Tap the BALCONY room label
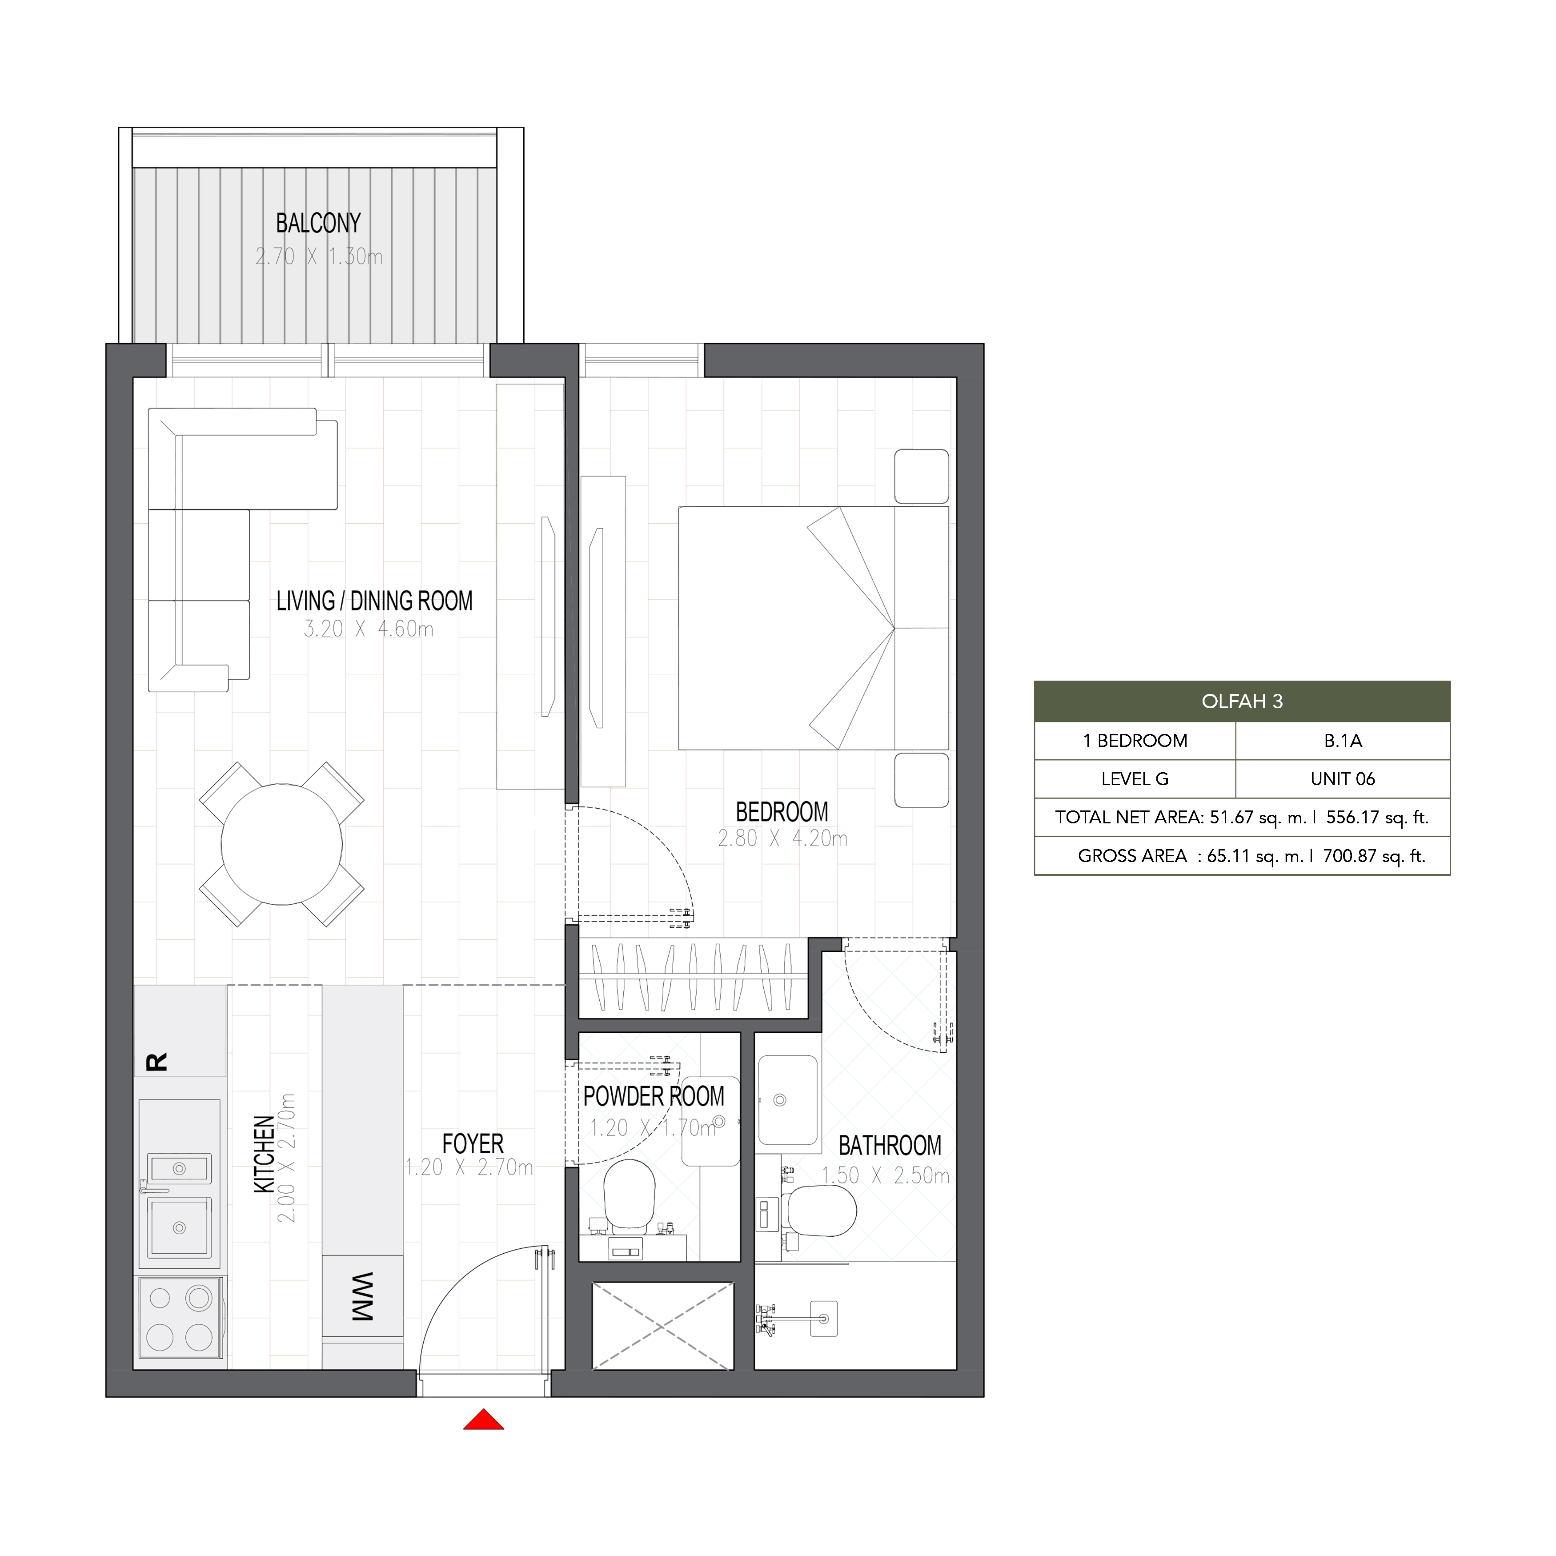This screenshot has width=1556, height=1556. click(x=318, y=223)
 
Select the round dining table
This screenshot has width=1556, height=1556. click(x=282, y=844)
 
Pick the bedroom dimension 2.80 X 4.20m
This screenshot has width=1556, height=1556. click(x=782, y=838)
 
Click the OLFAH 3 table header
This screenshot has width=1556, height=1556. click(x=1242, y=702)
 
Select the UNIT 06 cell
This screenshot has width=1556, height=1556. click(x=1343, y=779)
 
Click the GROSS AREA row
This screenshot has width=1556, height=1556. click(x=1242, y=856)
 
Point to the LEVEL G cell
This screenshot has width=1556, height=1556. click(x=1135, y=779)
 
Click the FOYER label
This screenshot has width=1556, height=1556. click(x=473, y=1143)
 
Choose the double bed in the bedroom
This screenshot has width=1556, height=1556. click(x=814, y=628)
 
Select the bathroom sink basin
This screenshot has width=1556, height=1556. click(x=788, y=1100)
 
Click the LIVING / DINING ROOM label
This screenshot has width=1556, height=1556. click(x=374, y=601)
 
